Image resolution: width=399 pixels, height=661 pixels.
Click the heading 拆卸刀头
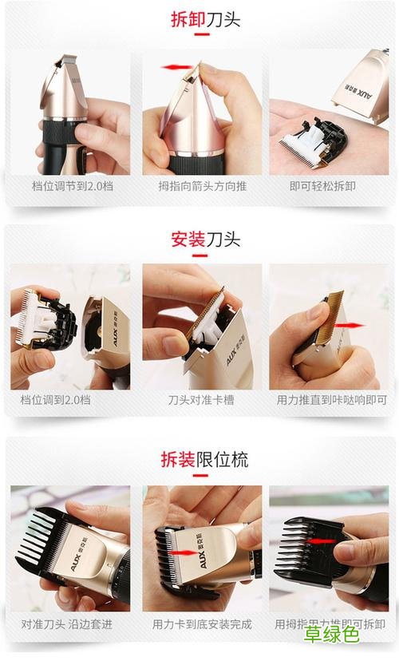pyautogui.click(x=205, y=19)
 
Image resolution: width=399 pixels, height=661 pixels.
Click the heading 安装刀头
pyautogui.click(x=205, y=239)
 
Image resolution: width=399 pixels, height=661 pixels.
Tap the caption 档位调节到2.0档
pyautogui.click(x=69, y=186)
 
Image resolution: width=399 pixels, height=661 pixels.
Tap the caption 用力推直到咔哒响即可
pyautogui.click(x=330, y=399)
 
